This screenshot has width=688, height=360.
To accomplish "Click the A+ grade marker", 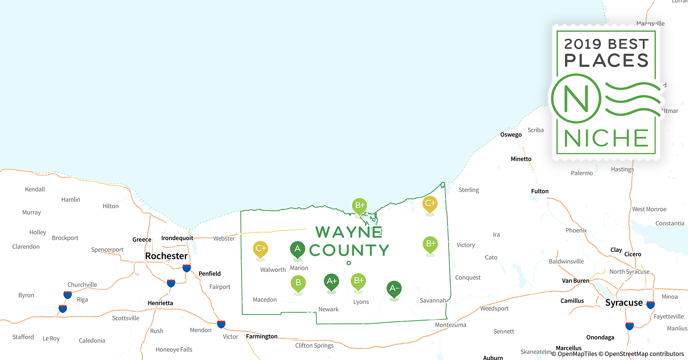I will click(331, 281).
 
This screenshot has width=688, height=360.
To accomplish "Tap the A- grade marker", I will click(394, 288).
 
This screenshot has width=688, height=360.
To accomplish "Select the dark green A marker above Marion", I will click(298, 249).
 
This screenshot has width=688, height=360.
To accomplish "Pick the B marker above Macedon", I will click(298, 283).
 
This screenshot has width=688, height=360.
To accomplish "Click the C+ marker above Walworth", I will click(260, 249).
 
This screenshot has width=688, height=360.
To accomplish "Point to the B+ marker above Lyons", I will click(358, 281).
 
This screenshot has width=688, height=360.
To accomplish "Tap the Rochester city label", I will click(166, 256).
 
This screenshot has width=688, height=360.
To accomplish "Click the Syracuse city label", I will click(624, 303).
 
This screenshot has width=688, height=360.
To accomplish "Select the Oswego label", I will click(511, 135).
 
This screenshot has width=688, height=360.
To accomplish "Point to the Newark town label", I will click(329, 309).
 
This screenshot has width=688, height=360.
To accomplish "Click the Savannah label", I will click(433, 301).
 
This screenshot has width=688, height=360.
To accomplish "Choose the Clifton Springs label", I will click(314, 346).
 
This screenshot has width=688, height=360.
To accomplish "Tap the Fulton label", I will click(540, 191).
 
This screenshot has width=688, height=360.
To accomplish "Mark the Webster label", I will click(224, 238).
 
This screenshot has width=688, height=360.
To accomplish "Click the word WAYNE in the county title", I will click(349, 232).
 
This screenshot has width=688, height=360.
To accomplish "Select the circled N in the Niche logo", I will click(576, 98).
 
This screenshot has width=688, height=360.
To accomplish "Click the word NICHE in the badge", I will click(606, 138).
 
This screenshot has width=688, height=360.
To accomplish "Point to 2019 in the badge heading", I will click(583, 44).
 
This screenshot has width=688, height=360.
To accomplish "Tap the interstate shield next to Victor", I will click(221, 324).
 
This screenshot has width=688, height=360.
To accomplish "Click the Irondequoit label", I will click(177, 238).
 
